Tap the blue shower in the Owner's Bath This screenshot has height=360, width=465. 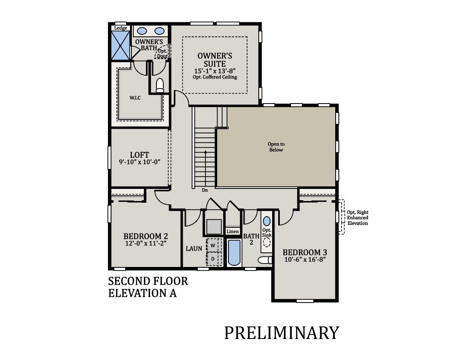pos(120,46)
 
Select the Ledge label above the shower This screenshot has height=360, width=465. pos(120,28)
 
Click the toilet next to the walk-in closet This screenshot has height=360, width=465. pos(160,85)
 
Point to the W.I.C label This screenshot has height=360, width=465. pos(135,97)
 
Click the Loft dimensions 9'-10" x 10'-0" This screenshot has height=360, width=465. pos(139,162)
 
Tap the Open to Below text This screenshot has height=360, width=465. pos(276,147)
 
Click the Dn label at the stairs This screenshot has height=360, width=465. pos(205,190)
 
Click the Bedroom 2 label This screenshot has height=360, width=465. pos(146,236)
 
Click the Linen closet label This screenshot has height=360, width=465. pos(232,231)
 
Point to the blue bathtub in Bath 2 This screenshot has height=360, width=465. pos(234,252)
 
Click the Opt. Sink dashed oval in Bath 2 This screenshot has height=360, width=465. pos(267,242)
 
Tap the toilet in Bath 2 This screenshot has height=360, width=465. pos(265,260)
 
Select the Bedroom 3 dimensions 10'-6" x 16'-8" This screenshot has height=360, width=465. pos(304,259)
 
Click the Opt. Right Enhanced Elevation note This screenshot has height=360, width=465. pos(357,218)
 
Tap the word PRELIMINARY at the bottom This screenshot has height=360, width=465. pos(281,332)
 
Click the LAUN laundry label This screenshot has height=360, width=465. pos(194,248)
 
